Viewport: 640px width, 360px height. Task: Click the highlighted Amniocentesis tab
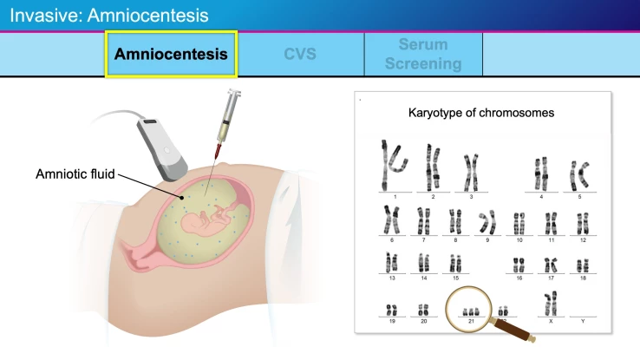171,54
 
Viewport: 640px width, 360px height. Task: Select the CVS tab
300,54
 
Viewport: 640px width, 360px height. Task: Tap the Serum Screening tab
423,54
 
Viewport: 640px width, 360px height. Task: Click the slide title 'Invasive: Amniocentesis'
109,15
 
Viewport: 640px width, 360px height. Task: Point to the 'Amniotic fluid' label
75,173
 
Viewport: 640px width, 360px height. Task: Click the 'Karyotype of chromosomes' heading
481,113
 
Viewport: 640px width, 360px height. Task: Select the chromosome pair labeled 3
471,171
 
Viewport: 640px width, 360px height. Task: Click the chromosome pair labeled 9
488,222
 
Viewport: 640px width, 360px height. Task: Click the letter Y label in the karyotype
582,320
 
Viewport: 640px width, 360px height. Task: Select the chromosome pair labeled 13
392,262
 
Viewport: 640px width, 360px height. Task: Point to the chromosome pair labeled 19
392,308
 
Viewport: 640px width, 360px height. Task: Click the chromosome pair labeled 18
583,262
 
